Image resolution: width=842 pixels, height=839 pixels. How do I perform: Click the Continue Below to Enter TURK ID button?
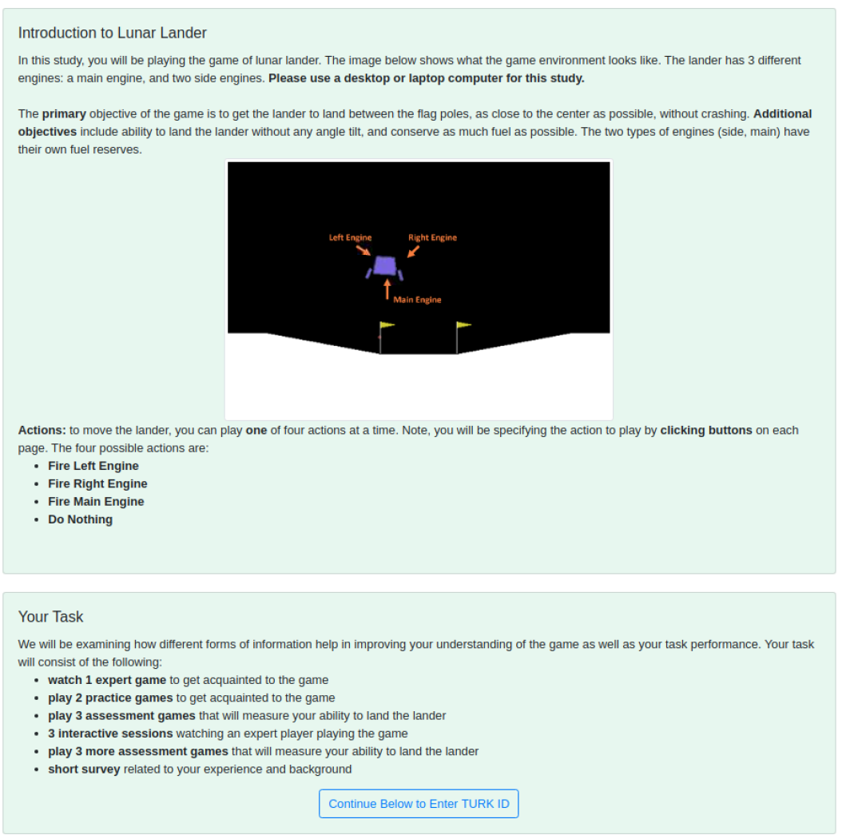419,804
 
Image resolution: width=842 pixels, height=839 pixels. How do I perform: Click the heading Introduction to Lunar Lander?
112,33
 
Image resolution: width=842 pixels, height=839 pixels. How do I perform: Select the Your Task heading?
50,617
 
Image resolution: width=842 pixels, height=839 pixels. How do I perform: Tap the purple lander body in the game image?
385,265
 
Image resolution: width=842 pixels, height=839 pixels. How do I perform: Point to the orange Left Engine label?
350,237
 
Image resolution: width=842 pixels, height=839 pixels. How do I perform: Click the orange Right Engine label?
432,237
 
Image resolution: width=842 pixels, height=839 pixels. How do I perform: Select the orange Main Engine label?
417,300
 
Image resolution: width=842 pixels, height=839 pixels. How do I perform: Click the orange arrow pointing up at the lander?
387,288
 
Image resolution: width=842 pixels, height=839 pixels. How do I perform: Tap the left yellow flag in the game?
387,325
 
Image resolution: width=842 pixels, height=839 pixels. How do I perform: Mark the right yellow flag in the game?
464,325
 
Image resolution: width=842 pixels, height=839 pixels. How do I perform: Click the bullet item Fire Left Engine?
93,466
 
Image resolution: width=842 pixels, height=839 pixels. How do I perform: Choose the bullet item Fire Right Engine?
97,483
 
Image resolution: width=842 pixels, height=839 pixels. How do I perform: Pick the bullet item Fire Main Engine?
96,502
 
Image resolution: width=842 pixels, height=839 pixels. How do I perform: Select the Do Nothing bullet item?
80,519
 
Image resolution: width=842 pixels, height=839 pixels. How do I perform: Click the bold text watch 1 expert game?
107,680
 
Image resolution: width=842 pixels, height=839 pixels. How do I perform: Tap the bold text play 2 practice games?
110,698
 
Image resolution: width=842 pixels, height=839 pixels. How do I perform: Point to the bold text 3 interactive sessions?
110,734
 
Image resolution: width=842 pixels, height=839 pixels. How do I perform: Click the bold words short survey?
84,769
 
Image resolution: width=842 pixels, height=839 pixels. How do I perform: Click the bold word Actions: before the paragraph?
42,430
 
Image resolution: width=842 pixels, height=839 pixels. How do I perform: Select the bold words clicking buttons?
706,430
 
